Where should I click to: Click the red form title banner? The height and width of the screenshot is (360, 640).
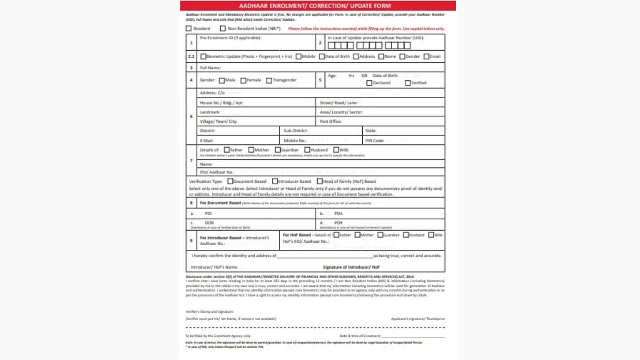pos(318,6)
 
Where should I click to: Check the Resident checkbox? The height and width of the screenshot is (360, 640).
pos(189,29)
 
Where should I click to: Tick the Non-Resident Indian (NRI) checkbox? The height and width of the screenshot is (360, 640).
pos(223,29)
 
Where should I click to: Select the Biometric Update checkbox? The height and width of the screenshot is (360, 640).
pos(203,57)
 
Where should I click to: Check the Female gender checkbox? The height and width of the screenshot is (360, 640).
pos(244,80)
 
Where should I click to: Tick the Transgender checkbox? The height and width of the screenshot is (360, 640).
pos(269,80)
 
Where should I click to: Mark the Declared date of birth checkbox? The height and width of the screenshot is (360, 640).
pos(369,83)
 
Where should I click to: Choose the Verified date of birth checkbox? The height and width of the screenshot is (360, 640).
pos(408,83)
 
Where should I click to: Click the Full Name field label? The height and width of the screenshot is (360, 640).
pos(210,68)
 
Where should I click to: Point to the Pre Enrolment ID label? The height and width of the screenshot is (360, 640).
pos(230,38)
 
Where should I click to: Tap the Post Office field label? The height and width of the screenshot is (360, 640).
pos(331,121)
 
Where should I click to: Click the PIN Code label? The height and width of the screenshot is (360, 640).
pos(375,141)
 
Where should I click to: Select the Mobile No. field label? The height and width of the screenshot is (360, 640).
pos(295,141)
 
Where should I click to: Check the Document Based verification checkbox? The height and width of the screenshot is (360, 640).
pos(230,181)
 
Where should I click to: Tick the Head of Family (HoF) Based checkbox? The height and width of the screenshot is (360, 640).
pos(320,181)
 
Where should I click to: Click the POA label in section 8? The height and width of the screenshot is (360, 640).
pos(338,213)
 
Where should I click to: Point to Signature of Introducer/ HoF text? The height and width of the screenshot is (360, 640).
pos(351,267)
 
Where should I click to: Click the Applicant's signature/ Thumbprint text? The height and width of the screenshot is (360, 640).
pos(417,319)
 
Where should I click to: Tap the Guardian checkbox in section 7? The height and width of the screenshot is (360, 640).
pos(278,150)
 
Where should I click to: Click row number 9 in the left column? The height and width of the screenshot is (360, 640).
pos(191,241)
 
